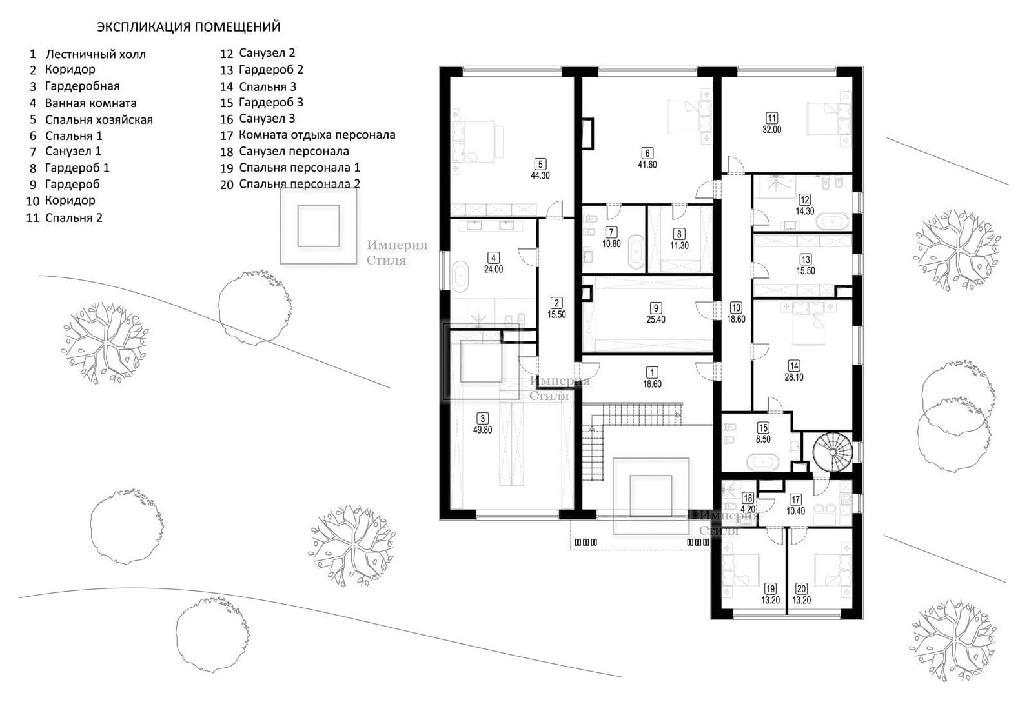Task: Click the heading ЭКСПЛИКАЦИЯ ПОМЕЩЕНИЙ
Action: (x=188, y=26)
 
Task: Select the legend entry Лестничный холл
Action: (x=96, y=54)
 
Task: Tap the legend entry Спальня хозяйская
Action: (x=99, y=120)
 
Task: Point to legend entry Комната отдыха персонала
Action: (x=317, y=135)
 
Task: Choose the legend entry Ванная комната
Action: (x=90, y=103)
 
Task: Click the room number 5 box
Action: (x=540, y=164)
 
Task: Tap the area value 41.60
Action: (x=647, y=165)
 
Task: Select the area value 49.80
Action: (x=482, y=430)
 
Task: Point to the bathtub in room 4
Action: (x=460, y=276)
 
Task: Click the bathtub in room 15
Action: (x=762, y=461)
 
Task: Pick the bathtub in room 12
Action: (x=832, y=221)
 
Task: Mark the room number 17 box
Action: (x=796, y=499)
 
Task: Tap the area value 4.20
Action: (x=748, y=509)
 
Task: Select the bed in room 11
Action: (x=829, y=119)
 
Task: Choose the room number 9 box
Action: (x=656, y=308)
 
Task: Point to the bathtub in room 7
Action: (x=637, y=251)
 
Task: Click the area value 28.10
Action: (x=794, y=377)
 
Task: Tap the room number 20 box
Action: (x=802, y=588)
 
